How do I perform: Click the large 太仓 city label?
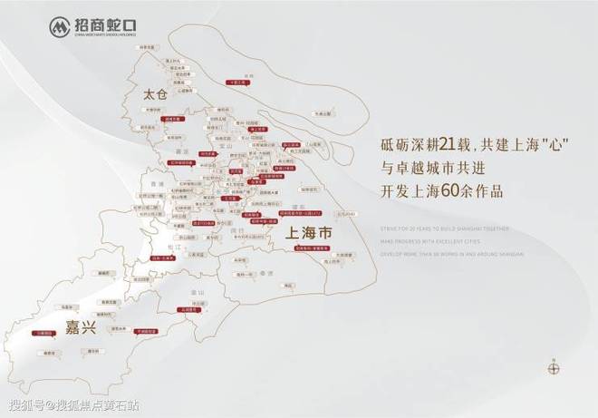click(x=156, y=94)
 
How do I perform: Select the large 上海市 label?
click(x=309, y=233)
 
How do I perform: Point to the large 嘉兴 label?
click(x=81, y=328)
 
